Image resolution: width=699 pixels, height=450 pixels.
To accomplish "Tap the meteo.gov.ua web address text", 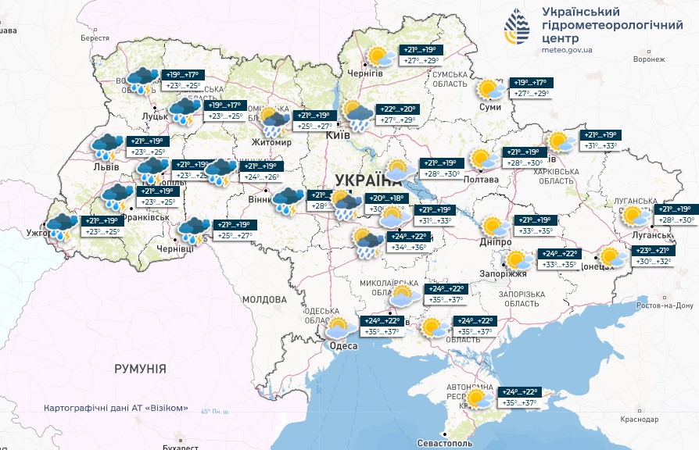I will [567, 50].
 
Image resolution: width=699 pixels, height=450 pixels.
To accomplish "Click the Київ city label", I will [337, 136].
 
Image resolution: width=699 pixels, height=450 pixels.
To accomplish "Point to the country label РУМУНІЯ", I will [140, 368].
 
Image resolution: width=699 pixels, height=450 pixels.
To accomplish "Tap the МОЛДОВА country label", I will [264, 299].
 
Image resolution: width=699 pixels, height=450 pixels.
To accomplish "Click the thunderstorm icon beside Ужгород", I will [60, 227].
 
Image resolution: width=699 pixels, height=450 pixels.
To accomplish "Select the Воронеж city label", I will [648, 59].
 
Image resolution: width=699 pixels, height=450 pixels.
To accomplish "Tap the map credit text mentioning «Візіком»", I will [116, 408].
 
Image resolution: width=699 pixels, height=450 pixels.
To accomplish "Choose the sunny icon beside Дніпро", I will [493, 227].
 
